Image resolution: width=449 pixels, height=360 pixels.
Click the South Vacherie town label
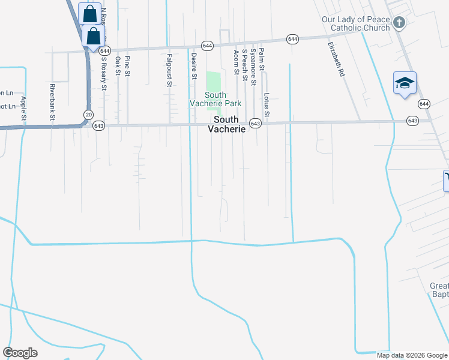pos(228,124)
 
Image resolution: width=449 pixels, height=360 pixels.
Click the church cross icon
pos(399,23)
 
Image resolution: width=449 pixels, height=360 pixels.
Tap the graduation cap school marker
pos(405,83)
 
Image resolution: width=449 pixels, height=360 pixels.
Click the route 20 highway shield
pos(89,115)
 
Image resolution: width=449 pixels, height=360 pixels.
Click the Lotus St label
pos(267,105)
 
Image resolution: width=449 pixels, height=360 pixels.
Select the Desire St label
pos(194,66)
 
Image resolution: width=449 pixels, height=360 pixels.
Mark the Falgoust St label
pos(169,70)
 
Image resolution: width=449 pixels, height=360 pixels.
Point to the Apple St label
pos(23,108)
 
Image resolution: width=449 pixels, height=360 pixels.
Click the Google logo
pos(20,353)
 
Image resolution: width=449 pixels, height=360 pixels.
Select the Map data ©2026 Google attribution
pos(412,355)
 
